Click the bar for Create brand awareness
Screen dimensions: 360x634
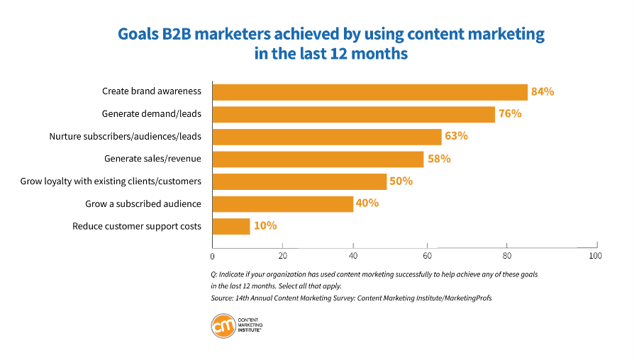click(369, 91)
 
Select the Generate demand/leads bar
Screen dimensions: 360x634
click(353, 114)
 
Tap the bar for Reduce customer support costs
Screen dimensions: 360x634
click(231, 226)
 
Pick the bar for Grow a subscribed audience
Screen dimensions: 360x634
click(283, 203)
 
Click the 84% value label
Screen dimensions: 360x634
click(543, 91)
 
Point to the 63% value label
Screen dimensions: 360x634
click(456, 136)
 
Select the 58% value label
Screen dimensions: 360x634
click(438, 159)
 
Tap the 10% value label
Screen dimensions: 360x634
click(265, 226)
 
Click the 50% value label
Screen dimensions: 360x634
click(401, 181)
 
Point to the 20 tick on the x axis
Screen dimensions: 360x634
click(283, 256)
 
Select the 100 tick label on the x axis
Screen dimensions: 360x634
click(594, 256)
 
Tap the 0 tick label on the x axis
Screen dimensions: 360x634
click(213, 256)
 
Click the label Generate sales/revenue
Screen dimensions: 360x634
click(152, 159)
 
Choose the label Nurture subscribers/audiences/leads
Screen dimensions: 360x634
click(126, 136)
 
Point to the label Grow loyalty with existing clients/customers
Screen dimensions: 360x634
click(111, 181)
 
